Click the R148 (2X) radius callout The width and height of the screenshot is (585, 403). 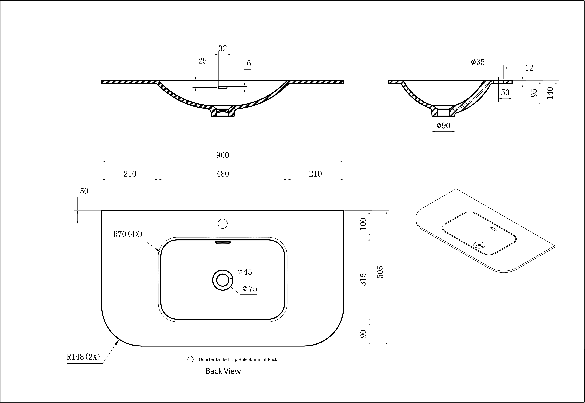coord(83,357)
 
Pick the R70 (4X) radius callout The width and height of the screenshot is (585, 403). coord(128,234)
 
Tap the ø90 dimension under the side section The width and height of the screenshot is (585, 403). coord(443,126)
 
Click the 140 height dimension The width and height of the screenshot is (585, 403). coord(550,93)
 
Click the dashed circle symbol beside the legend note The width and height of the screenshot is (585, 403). coord(191,359)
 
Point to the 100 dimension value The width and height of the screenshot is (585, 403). coord(363,223)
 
